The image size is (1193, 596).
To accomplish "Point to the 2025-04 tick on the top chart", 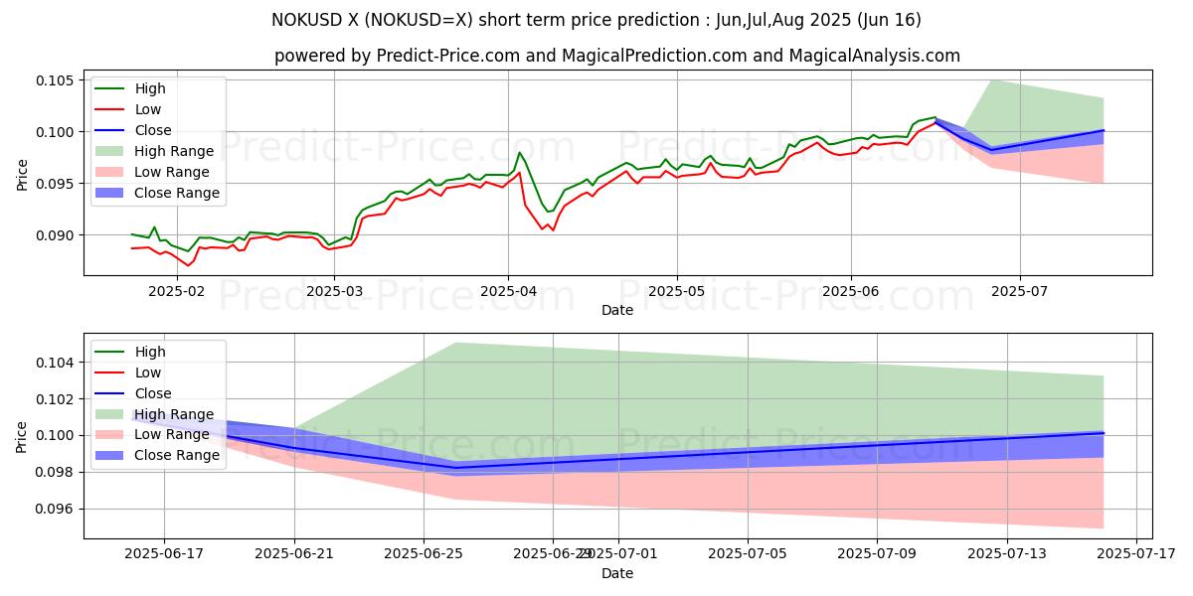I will coord(508,293).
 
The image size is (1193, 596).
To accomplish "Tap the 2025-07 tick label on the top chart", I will coord(1020,293).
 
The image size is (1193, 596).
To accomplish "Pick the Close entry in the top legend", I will coord(153,130).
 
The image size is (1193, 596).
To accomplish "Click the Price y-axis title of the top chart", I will coord(22,175).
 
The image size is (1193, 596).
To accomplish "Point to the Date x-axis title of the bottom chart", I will coord(617,573).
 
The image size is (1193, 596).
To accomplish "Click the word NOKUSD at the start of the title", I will coord(303,20).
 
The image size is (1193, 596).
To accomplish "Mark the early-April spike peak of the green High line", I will coord(519,152).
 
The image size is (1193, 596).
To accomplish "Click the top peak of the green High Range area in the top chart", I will coord(991,80).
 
